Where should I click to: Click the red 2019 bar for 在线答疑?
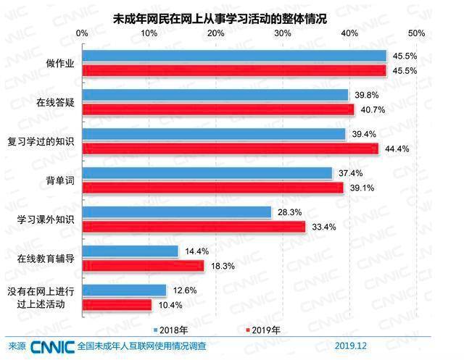click(x=218, y=109)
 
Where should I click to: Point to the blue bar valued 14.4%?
click(x=130, y=251)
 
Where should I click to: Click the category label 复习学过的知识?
click(x=45, y=141)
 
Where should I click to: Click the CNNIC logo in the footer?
click(x=52, y=346)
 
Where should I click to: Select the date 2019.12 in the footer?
click(x=352, y=346)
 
